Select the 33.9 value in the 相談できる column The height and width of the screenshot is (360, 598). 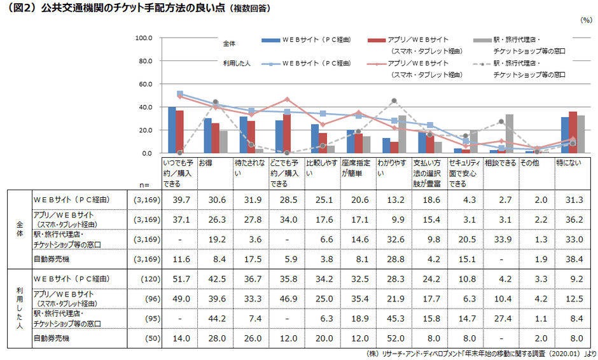(501, 239)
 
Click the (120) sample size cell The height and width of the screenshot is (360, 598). (146, 279)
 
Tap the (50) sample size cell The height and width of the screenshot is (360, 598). (146, 338)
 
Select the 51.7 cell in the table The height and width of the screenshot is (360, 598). (179, 279)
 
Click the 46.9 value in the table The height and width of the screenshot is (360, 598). (286, 299)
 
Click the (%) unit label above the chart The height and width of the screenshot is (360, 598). (586, 20)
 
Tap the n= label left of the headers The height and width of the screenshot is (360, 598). (144, 184)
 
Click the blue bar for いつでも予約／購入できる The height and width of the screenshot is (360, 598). (172, 130)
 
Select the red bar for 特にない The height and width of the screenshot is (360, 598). (573, 132)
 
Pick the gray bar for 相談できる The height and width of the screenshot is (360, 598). (509, 134)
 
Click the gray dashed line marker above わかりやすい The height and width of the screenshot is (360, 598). (394, 100)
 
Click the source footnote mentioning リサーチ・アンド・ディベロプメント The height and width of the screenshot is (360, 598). (481, 354)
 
